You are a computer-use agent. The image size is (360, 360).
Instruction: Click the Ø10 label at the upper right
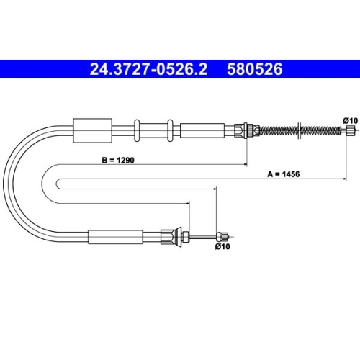[x=349, y=119]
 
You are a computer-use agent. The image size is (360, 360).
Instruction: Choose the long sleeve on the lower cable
[x=111, y=235]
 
